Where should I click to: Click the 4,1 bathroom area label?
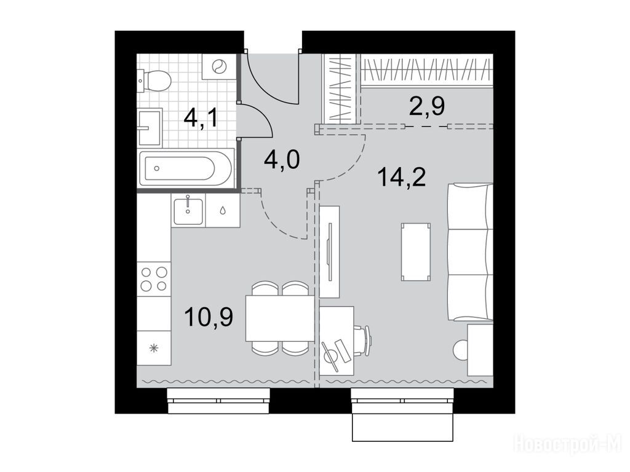[201, 118]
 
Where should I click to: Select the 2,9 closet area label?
[427, 106]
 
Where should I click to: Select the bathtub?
[186, 167]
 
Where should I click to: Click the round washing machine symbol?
[218, 66]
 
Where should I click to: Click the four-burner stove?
[154, 278]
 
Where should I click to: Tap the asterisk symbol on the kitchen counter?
[153, 348]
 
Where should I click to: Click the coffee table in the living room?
[415, 251]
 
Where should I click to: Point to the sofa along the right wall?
[471, 251]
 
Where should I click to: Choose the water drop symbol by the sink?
[223, 210]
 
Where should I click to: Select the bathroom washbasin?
[150, 127]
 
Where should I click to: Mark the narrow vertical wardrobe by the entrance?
[340, 88]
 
